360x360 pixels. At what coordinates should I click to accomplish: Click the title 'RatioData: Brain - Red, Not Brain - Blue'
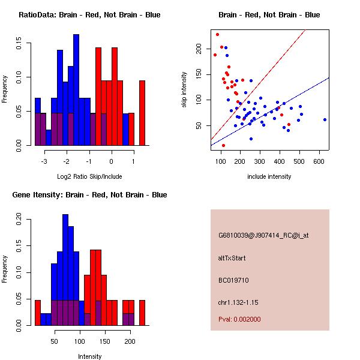(x=89, y=15)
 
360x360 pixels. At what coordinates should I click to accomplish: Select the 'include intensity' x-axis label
(x=269, y=176)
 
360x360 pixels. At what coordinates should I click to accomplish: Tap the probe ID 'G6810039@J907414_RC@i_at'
(x=263, y=236)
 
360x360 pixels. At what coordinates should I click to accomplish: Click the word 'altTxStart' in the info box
(x=232, y=258)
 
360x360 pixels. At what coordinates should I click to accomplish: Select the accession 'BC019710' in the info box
(x=233, y=280)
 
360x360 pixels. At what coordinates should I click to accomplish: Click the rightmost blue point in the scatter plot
(x=325, y=119)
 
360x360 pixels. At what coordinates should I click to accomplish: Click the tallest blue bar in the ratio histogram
(x=76, y=90)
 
